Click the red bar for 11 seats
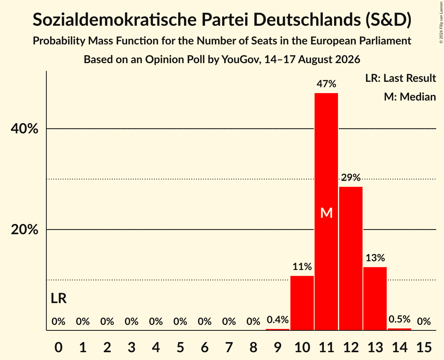click(x=326, y=212)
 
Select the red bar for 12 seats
click(x=350, y=258)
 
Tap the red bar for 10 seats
click(x=302, y=303)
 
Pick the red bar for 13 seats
click(x=375, y=298)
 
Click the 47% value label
click(x=326, y=84)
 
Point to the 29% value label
click(x=350, y=177)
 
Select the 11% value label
click(x=302, y=266)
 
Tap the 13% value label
click(x=375, y=258)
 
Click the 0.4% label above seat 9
click(x=278, y=320)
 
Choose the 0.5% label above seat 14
click(x=399, y=319)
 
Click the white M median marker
click(x=326, y=213)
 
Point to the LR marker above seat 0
click(x=58, y=298)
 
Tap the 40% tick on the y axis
click(x=24, y=129)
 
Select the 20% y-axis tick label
click(x=24, y=229)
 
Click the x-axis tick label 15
click(x=424, y=347)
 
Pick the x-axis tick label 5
click(x=180, y=347)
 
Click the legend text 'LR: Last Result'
click(x=400, y=78)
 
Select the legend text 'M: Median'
click(x=410, y=97)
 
